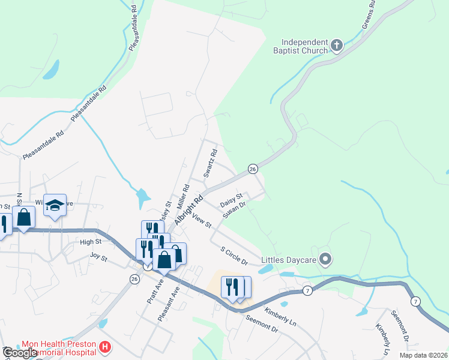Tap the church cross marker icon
click(x=337, y=44)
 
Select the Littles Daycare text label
click(x=289, y=260)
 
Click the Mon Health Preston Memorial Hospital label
click(x=58, y=349)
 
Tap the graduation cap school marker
click(x=54, y=205)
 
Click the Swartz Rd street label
click(x=209, y=164)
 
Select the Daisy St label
click(x=231, y=197)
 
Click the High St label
click(x=91, y=242)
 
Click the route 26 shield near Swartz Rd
click(x=253, y=169)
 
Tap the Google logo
click(x=20, y=353)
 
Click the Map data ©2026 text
click(x=423, y=355)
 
